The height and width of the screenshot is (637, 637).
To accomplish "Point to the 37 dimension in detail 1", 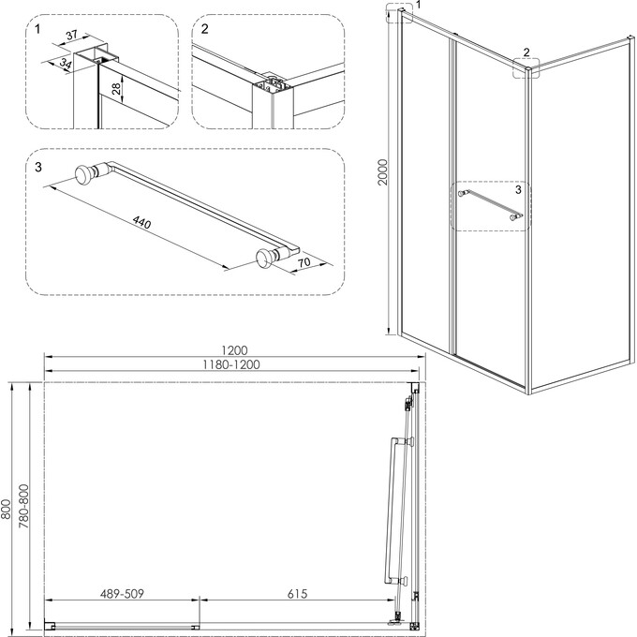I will coord(71,37).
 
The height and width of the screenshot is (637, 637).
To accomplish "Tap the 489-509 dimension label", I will coord(122,594).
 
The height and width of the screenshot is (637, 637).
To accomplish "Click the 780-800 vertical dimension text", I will coord(25,508).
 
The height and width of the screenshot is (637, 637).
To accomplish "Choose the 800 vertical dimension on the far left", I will coord(7,508).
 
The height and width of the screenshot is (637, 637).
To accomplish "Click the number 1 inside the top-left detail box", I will coord(37,28).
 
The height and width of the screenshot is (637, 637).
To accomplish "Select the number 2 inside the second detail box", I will coord(203,28).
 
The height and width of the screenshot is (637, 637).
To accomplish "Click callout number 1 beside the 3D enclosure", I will coord(418,6).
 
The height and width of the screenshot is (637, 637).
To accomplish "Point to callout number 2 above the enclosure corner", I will coord(526,52).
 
